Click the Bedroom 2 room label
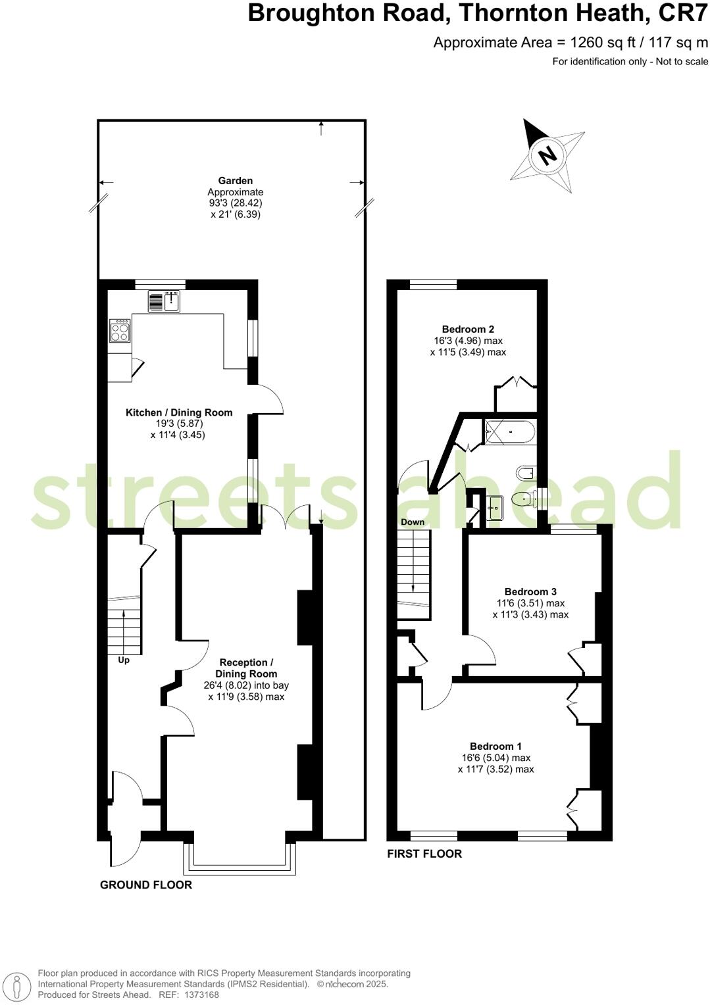click(x=468, y=330)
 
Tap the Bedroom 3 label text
click(x=530, y=592)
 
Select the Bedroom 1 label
click(x=495, y=747)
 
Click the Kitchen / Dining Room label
click(x=179, y=413)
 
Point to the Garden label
click(x=236, y=181)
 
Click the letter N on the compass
click(x=547, y=155)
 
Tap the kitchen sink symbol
click(x=172, y=302)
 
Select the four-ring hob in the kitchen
click(x=119, y=330)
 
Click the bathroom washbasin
click(x=495, y=507)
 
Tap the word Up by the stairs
click(x=124, y=660)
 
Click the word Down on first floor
click(x=413, y=522)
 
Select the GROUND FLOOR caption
click(x=146, y=885)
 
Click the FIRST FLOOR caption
click(x=424, y=854)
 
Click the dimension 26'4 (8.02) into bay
click(x=246, y=685)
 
